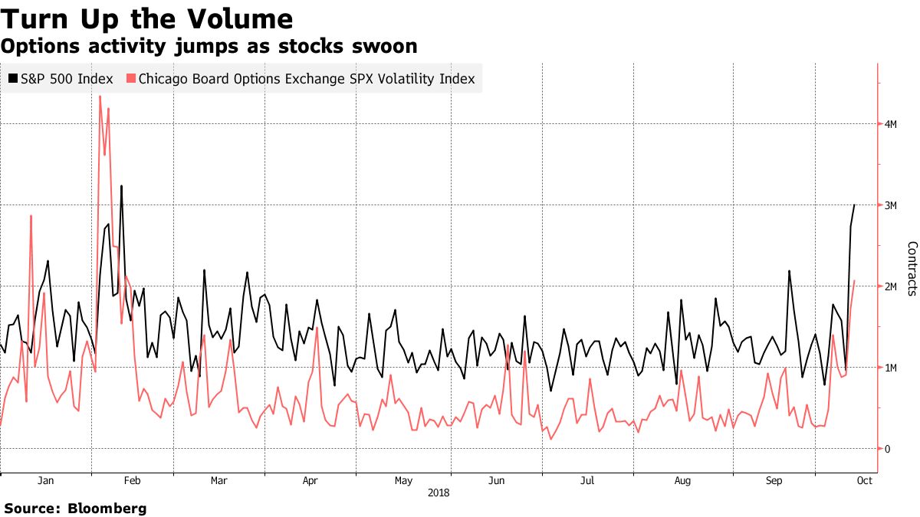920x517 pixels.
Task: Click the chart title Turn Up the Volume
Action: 146,18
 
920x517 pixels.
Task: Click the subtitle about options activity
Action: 209,47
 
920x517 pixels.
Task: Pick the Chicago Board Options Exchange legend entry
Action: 305,78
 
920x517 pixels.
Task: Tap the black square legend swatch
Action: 13,78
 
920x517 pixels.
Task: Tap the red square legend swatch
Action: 131,78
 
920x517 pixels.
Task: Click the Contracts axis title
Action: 912,268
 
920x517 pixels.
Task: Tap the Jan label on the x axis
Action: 45,481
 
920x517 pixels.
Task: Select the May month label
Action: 403,481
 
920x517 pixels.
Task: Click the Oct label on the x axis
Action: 864,481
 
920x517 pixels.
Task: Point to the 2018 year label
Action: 439,493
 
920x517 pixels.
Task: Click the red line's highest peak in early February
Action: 100,97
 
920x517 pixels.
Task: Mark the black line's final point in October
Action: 855,205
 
